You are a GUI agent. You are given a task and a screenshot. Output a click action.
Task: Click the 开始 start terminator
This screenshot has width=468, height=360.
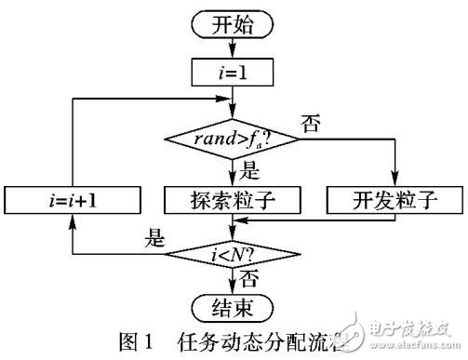pyautogui.click(x=234, y=25)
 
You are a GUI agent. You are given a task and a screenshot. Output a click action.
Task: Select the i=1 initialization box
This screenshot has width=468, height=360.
pyautogui.click(x=234, y=69)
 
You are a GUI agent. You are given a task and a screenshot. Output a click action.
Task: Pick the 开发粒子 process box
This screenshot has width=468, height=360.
pyautogui.click(x=394, y=199)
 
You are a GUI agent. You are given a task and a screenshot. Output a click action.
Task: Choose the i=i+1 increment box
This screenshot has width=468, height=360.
pyautogui.click(x=73, y=199)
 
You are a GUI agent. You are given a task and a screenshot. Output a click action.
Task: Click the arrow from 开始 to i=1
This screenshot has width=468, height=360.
pyautogui.click(x=234, y=47)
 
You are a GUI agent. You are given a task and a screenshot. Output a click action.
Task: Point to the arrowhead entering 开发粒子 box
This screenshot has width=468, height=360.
pyautogui.click(x=394, y=183)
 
